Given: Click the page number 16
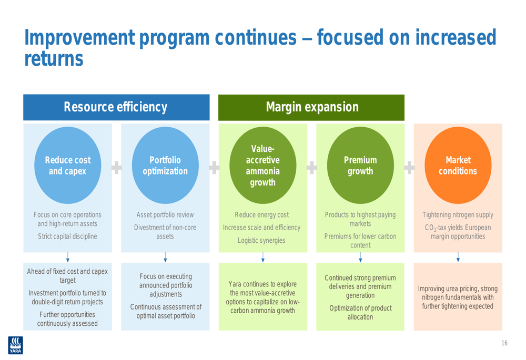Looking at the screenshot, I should [504, 344].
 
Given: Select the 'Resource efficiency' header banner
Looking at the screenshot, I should [116, 107].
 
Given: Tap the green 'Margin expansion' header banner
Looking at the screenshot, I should [311, 107].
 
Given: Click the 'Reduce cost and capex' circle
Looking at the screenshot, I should [67, 166].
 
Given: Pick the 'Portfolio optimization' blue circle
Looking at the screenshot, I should [165, 166].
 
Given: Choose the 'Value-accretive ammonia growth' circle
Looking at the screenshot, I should [262, 166].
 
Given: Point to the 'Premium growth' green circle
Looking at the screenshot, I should [360, 166].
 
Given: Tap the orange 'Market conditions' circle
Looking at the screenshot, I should [458, 166].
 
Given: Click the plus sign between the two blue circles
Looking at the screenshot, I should [117, 167].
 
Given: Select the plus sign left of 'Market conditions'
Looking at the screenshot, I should [409, 167].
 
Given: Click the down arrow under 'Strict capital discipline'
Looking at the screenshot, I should [67, 257].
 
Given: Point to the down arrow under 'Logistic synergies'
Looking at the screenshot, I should [262, 257].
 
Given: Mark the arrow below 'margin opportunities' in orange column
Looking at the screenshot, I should [458, 257].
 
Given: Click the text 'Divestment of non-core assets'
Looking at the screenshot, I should [165, 232].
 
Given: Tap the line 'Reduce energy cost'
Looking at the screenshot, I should [262, 214].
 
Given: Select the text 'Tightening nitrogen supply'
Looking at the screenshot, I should [458, 214].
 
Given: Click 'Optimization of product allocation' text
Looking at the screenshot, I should [360, 313].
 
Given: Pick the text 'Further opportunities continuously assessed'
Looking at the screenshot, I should [67, 318].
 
